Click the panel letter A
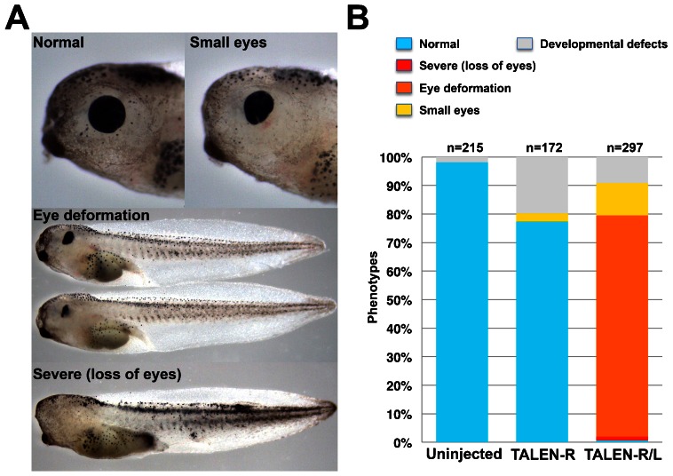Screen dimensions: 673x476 click(x=17, y=19)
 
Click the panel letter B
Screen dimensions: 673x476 click(x=358, y=19)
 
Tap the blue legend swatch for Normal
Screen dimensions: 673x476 click(x=404, y=44)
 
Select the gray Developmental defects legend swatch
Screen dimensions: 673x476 click(x=525, y=44)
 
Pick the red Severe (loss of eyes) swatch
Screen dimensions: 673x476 click(x=404, y=66)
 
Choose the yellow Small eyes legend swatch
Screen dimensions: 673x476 click(x=404, y=110)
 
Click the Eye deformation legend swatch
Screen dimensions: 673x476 click(x=404, y=88)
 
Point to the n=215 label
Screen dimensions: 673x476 click(x=465, y=148)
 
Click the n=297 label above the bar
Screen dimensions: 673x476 click(x=624, y=148)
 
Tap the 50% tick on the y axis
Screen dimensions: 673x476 click(x=400, y=300)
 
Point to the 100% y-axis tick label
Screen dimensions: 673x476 click(x=396, y=158)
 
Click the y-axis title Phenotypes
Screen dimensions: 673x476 click(x=373, y=287)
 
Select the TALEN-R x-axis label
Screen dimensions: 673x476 click(x=543, y=454)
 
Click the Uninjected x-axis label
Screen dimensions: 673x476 click(x=464, y=454)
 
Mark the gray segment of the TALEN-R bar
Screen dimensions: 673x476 click(x=542, y=186)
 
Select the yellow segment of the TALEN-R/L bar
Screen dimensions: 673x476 click(x=622, y=199)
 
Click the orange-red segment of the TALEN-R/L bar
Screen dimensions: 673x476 click(x=622, y=326)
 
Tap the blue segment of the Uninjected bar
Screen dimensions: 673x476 click(x=462, y=302)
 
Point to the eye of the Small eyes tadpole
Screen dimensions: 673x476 click(x=259, y=107)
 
